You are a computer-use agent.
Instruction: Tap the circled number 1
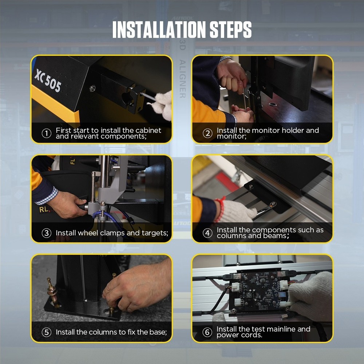click(46, 133)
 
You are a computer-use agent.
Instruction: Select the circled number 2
click(207, 133)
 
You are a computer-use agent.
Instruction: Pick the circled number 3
click(46, 233)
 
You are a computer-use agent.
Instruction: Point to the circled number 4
click(207, 233)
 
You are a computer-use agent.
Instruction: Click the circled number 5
click(46, 332)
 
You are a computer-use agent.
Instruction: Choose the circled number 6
click(207, 332)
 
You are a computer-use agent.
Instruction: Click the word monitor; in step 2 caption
click(232, 136)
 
